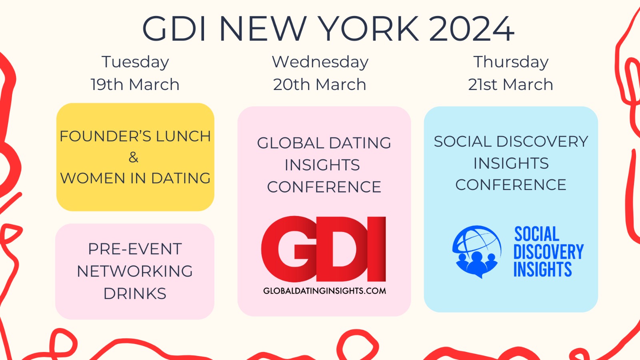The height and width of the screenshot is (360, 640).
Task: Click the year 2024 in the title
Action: (x=472, y=29)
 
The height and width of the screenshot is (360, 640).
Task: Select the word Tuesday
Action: (x=135, y=62)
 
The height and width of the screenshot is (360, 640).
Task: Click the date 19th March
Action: (x=135, y=84)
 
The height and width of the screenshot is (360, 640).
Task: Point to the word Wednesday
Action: (x=320, y=62)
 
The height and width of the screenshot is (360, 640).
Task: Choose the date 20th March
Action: (x=320, y=84)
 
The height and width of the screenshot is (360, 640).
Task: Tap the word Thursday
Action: (x=511, y=62)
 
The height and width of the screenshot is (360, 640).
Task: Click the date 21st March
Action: (x=510, y=84)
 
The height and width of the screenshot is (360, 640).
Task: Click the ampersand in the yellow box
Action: (x=134, y=157)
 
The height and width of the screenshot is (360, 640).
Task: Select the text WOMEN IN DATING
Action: (x=135, y=178)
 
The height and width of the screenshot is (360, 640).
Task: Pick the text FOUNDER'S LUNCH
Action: (x=135, y=136)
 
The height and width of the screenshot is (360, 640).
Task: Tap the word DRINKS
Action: (x=135, y=294)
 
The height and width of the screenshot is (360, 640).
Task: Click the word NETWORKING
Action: (x=135, y=271)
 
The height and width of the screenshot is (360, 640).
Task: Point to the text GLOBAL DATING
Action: (x=324, y=143)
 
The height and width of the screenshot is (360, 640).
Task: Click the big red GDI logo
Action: (x=324, y=249)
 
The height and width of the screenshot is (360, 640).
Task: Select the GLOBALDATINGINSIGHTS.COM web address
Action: (x=324, y=291)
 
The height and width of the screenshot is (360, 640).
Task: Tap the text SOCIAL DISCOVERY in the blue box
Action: (x=511, y=142)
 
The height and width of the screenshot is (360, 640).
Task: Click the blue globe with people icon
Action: (x=476, y=252)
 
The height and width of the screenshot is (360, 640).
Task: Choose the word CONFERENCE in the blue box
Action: (x=511, y=184)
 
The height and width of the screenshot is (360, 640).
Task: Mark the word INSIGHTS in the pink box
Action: (x=322, y=165)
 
